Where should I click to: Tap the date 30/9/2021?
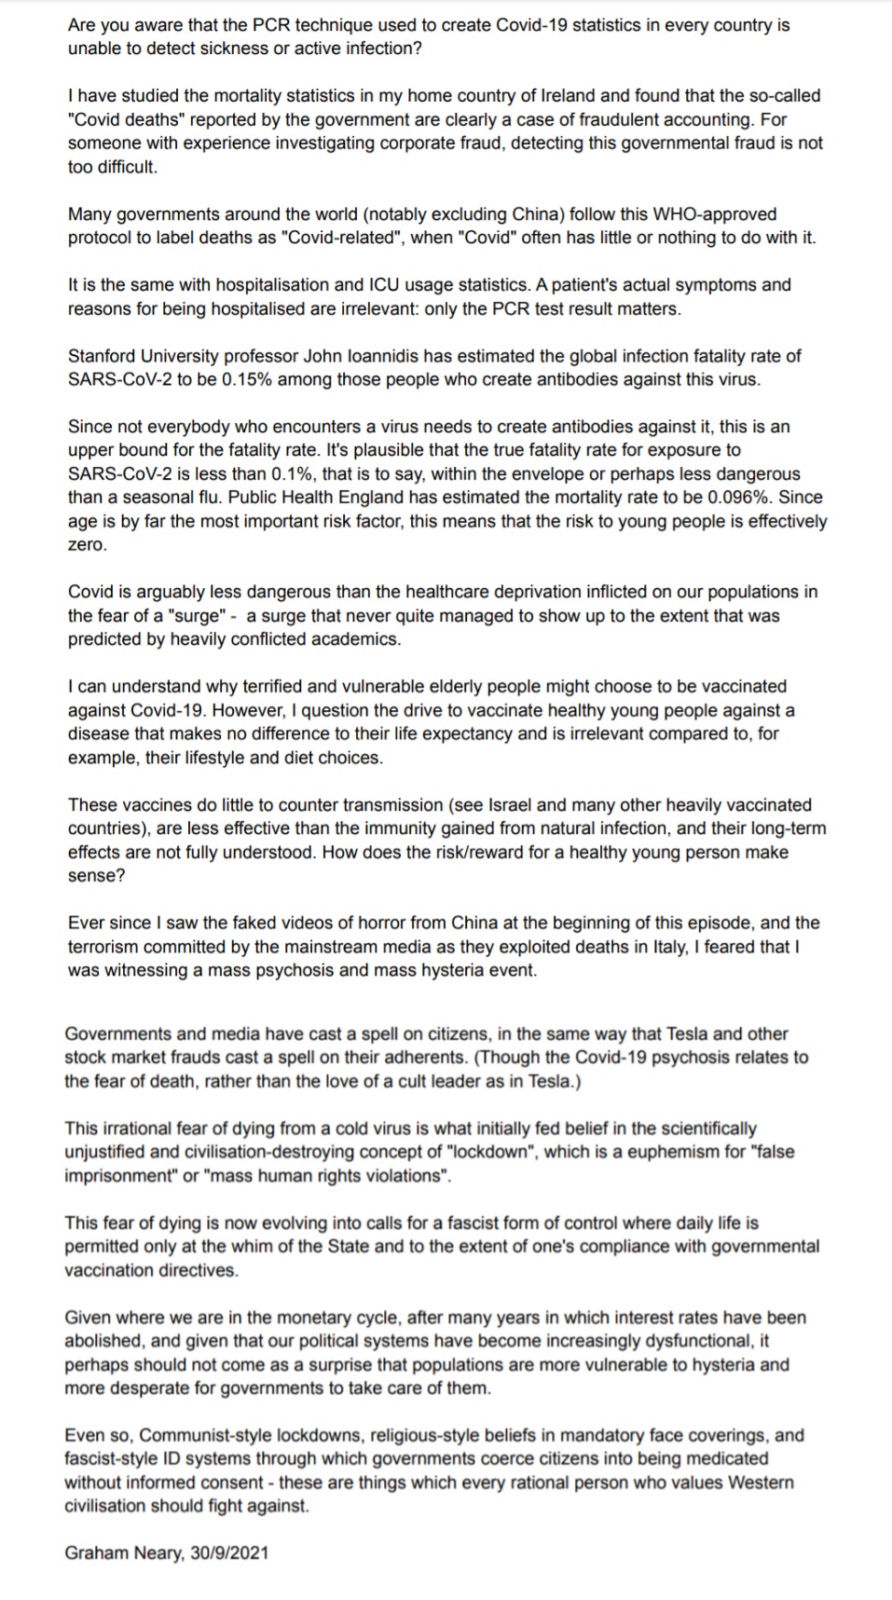[x=229, y=1553]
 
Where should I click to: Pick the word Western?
[x=760, y=1483]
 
